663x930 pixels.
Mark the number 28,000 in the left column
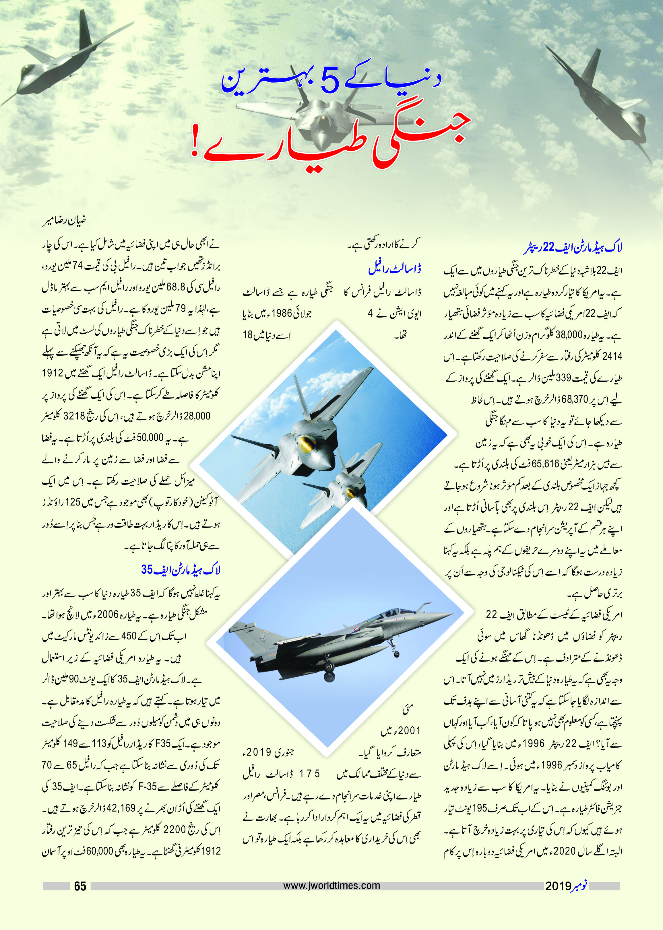click(197, 417)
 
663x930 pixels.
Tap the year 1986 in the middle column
click(282, 314)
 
